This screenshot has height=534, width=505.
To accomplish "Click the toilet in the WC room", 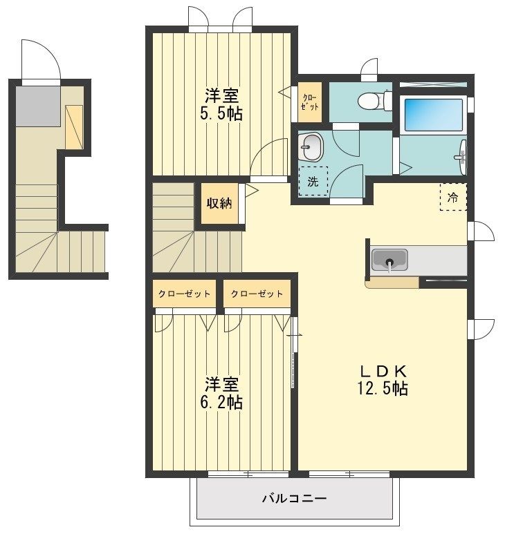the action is pyautogui.click(x=375, y=99).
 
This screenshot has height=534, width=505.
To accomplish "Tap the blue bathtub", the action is pyautogui.click(x=433, y=115).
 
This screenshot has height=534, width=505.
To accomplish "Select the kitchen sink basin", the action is pyautogui.click(x=389, y=260).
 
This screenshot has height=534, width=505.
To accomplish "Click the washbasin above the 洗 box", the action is pyautogui.click(x=311, y=146).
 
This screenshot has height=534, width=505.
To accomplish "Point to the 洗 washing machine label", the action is pyautogui.click(x=313, y=182).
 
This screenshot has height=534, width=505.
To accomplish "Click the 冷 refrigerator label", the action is pyautogui.click(x=452, y=197).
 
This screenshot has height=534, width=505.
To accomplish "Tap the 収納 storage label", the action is pyautogui.click(x=219, y=203).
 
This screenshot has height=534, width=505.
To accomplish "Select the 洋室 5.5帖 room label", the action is pyautogui.click(x=221, y=104).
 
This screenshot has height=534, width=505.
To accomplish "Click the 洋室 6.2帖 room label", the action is pyautogui.click(x=221, y=392).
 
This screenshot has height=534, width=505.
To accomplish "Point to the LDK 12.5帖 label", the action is pyautogui.click(x=383, y=380).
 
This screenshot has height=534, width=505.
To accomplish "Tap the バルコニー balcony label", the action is pyautogui.click(x=294, y=498).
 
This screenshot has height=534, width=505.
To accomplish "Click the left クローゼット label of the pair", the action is pyautogui.click(x=184, y=294).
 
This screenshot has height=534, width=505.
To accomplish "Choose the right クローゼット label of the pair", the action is pyautogui.click(x=257, y=294).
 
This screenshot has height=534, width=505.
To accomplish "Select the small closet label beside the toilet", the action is pyautogui.click(x=310, y=102).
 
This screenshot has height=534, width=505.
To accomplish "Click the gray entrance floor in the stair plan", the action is pyautogui.click(x=38, y=106).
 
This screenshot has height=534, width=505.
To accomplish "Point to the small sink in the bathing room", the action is pyautogui.click(x=461, y=157).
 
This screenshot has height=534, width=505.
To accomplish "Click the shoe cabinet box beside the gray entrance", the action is pyautogui.click(x=74, y=126).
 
